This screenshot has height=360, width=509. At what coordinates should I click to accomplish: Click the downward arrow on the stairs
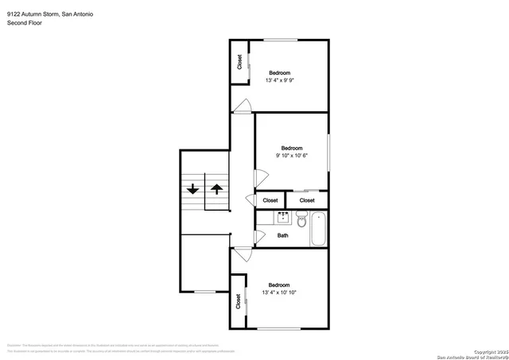(192, 189)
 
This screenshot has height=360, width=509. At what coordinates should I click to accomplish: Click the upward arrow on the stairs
(216, 189)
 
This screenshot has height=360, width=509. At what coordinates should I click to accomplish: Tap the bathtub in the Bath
(317, 230)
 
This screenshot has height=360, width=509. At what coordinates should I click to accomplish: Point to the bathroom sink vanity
(283, 217)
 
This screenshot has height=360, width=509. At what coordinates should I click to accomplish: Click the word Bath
(282, 235)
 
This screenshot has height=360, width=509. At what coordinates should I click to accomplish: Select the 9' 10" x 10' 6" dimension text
(292, 155)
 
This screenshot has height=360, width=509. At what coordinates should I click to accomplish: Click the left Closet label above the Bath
(270, 200)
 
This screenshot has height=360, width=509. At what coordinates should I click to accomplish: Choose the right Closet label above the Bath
(307, 200)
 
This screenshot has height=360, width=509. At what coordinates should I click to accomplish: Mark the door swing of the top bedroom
(244, 105)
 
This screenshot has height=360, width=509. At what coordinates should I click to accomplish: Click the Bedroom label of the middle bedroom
(292, 148)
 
